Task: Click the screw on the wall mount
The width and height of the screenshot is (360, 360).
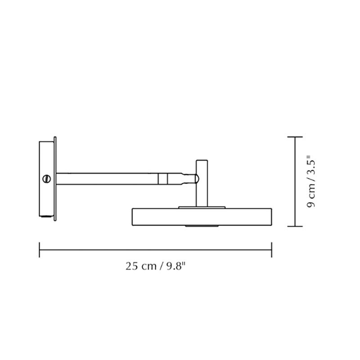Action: point(45,179)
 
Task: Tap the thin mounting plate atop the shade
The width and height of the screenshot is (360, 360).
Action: point(201,207)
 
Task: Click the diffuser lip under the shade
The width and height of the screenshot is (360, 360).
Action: point(201,225)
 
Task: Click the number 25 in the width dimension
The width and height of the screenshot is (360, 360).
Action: point(131,266)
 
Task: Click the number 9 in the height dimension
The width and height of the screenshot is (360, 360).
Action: point(310,205)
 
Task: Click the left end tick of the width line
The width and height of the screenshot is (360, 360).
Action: point(40,249)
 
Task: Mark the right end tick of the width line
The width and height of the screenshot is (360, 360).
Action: point(271,249)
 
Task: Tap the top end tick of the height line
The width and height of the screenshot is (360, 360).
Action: point(295,136)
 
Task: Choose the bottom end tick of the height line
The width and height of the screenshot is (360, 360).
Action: point(295,226)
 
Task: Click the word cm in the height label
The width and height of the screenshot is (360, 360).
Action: point(310,193)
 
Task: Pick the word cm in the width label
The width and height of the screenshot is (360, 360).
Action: point(148,266)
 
